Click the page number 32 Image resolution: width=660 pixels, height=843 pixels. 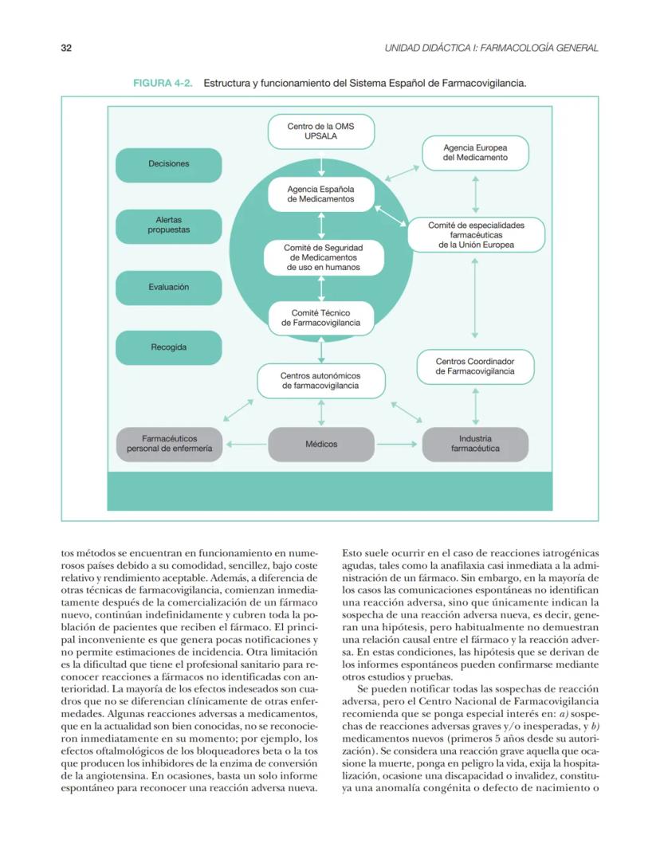(x=66, y=48)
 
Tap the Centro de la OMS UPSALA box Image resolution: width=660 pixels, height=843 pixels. (x=320, y=131)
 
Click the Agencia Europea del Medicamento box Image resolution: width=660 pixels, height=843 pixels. (x=475, y=153)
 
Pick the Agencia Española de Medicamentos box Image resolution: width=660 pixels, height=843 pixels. (x=320, y=194)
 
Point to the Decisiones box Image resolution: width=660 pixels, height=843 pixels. (x=168, y=164)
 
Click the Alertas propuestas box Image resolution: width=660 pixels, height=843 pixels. (x=168, y=225)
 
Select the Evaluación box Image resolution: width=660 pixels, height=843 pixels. (x=168, y=287)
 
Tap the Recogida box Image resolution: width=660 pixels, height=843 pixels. (x=168, y=347)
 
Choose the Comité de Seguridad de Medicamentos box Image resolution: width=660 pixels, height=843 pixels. (x=320, y=257)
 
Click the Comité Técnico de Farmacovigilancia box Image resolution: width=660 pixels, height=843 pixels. (x=320, y=319)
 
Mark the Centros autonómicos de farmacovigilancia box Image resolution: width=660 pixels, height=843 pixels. (x=320, y=380)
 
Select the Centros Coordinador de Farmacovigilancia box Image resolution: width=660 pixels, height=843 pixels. (x=475, y=367)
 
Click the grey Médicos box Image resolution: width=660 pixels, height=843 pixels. (x=320, y=444)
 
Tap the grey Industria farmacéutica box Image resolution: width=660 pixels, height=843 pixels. (x=475, y=444)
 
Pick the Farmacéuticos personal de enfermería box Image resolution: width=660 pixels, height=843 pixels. (x=169, y=444)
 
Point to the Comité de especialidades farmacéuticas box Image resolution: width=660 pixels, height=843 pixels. (x=476, y=235)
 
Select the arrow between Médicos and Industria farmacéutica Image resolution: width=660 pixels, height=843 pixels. (x=396, y=444)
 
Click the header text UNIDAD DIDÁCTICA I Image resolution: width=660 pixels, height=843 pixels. (x=491, y=48)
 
